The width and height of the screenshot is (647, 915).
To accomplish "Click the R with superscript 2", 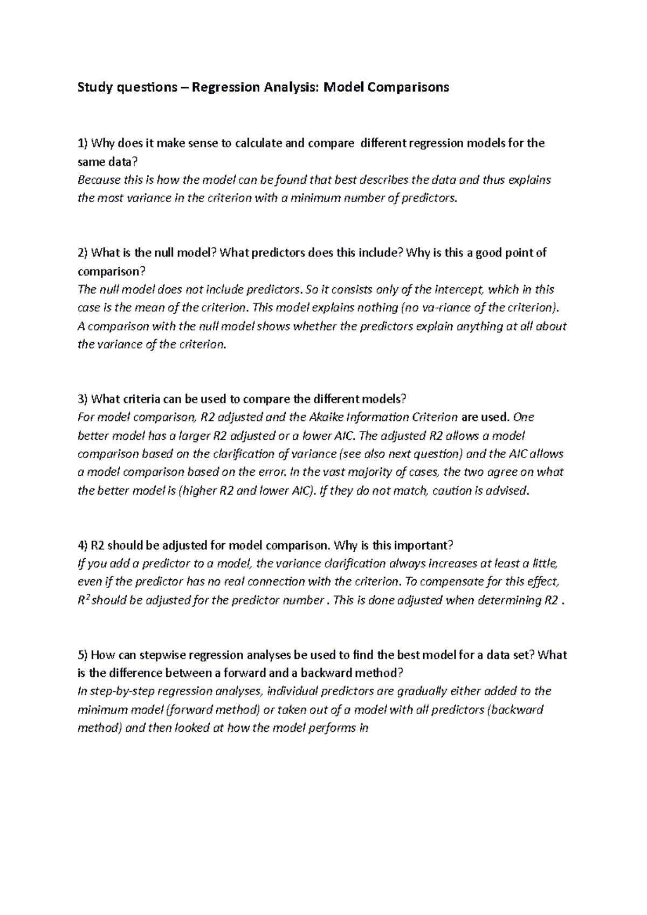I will (x=84, y=600).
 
